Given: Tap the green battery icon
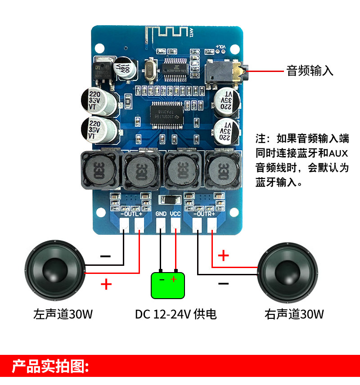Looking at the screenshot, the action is click(x=168, y=285).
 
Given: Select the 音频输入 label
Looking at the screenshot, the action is click(x=310, y=71).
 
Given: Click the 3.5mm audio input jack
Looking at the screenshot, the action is click(x=225, y=72).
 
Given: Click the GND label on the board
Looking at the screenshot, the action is click(x=161, y=214).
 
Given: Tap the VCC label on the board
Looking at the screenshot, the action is click(x=175, y=214).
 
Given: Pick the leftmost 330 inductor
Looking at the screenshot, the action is click(x=99, y=170).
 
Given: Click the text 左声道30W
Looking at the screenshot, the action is click(x=63, y=313).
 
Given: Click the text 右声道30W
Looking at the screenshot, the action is click(x=294, y=313).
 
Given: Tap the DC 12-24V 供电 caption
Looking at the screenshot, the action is click(x=176, y=313).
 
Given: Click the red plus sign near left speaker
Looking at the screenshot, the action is click(x=106, y=284).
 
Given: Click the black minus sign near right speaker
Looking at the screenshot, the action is click(x=223, y=284).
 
